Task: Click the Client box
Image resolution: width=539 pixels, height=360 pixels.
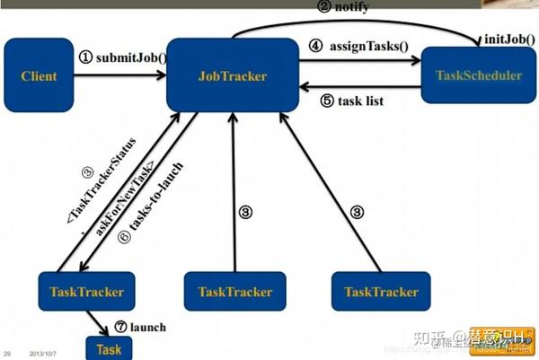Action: [x=39, y=75]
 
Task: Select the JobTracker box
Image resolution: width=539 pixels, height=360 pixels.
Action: [x=232, y=75]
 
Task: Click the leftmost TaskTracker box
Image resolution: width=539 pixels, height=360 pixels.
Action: [x=86, y=292]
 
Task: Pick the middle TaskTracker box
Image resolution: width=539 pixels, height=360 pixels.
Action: [x=234, y=292]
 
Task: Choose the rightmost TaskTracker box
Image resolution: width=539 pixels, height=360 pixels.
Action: [x=381, y=292]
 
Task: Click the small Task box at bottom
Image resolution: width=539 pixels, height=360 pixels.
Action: [x=108, y=348]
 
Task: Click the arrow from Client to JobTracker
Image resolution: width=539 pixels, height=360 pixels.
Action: [x=120, y=75]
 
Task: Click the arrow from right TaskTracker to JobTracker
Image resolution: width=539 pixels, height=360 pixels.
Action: [x=328, y=189]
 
